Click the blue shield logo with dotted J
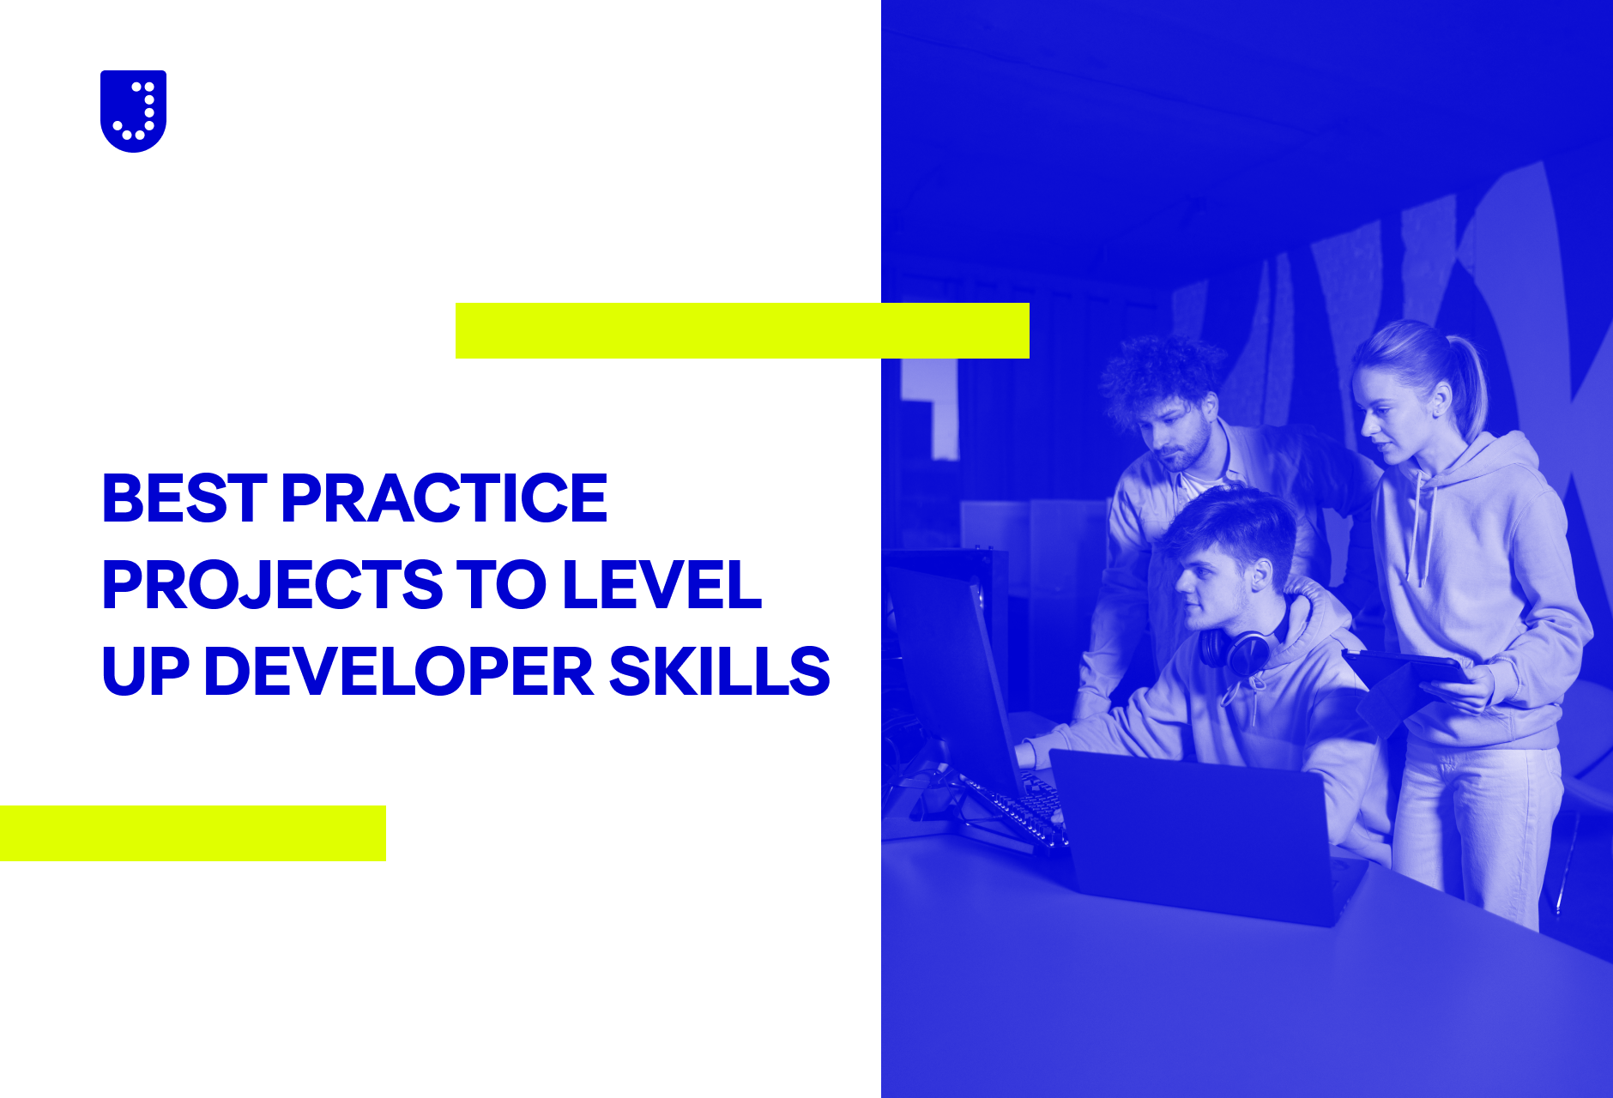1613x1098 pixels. click(133, 111)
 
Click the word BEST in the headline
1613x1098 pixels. click(184, 498)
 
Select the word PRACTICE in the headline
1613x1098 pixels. click(444, 498)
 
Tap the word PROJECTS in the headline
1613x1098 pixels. click(273, 585)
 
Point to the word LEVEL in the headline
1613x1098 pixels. click(662, 585)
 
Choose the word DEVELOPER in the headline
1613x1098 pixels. click(399, 671)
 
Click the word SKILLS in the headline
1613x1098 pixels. click(719, 671)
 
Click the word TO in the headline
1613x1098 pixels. click(502, 585)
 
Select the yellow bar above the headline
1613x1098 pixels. click(742, 330)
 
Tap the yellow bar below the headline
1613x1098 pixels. click(193, 833)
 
